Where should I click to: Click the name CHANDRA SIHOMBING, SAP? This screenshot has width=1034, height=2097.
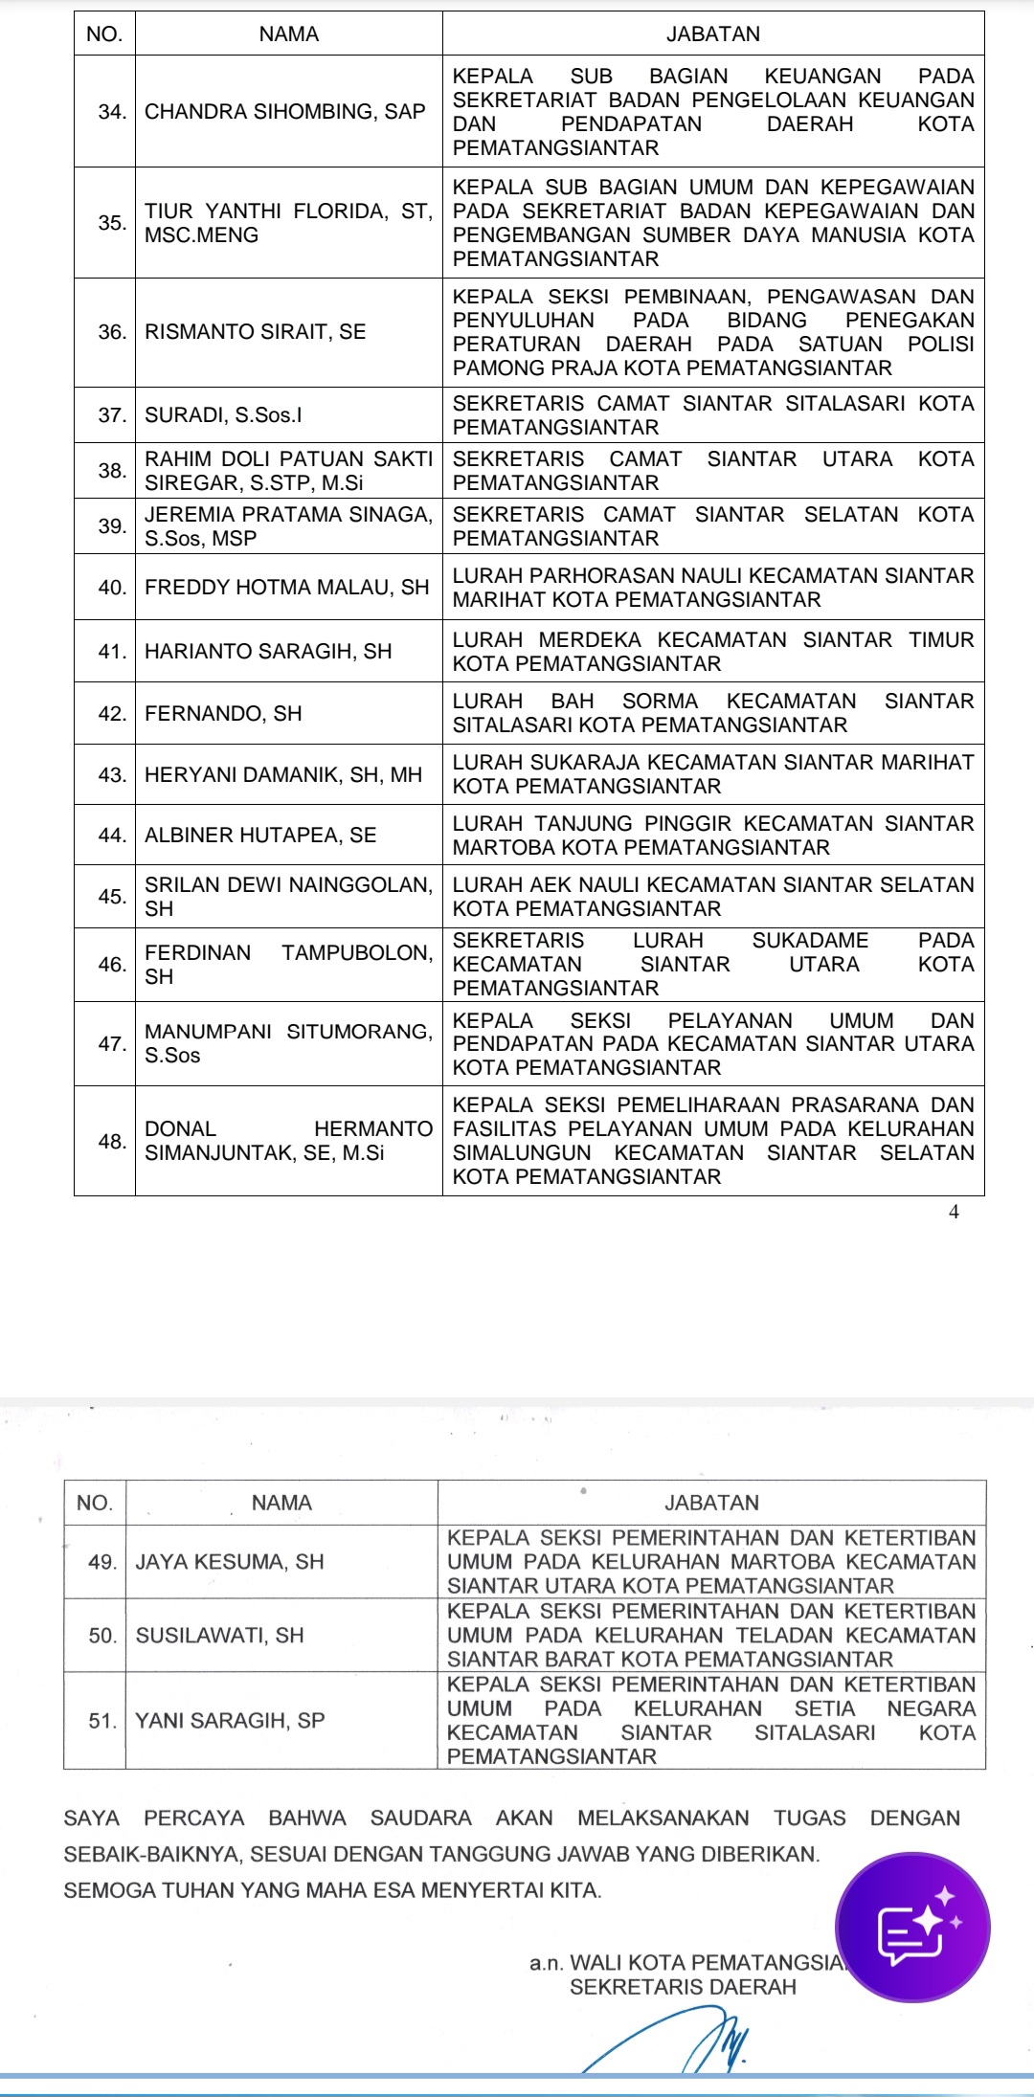[x=284, y=112]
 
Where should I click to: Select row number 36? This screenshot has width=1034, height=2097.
[x=112, y=332]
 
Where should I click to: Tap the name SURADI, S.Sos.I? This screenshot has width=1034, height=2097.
[x=223, y=415]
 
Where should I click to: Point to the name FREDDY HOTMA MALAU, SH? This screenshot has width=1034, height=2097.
[x=286, y=588]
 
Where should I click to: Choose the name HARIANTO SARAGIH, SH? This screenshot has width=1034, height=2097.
[x=268, y=652]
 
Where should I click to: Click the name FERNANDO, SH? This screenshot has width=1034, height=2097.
[x=223, y=714]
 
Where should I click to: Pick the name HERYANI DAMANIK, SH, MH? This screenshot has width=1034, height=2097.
[x=283, y=775]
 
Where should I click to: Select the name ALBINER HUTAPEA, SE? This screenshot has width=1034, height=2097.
[x=260, y=836]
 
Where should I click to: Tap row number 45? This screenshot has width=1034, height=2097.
[x=112, y=897]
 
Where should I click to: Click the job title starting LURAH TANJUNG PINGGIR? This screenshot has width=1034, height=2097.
[x=712, y=836]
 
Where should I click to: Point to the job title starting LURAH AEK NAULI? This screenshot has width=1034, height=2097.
[x=712, y=897]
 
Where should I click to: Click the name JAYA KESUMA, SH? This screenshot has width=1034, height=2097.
[x=230, y=1562]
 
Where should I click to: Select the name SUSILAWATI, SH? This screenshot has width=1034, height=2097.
[x=219, y=1636]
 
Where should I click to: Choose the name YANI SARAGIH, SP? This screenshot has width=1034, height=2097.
[x=230, y=1721]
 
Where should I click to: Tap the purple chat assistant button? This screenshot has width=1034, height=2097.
[x=912, y=1927]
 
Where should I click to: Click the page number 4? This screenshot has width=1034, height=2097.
[x=953, y=1212]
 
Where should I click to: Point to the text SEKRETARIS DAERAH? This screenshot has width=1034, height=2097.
[x=683, y=1988]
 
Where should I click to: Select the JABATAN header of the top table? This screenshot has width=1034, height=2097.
[x=712, y=34]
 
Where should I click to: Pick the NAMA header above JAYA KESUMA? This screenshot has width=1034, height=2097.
[x=281, y=1503]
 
